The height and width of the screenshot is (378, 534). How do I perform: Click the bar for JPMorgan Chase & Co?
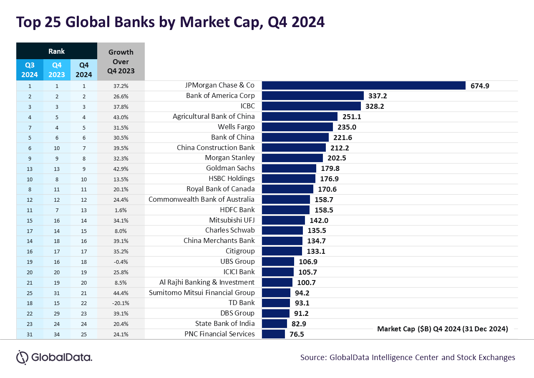click(x=363, y=85)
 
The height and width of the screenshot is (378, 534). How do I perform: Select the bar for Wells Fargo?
click(x=297, y=127)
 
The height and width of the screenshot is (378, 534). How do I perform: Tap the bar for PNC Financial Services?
click(x=273, y=334)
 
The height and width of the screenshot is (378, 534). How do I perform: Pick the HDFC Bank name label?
click(x=237, y=210)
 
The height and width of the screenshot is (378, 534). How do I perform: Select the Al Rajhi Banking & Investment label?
click(x=207, y=282)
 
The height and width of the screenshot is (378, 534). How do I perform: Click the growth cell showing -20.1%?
click(x=121, y=303)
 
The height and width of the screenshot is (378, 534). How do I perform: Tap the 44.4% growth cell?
click(x=121, y=293)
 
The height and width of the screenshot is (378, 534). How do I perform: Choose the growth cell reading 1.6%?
click(x=121, y=210)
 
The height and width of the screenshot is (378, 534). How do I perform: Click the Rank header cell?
click(x=57, y=51)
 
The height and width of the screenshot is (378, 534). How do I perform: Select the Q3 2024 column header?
click(x=30, y=70)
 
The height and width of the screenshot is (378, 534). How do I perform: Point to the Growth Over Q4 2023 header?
click(x=121, y=62)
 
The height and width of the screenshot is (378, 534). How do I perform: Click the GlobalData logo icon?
click(x=22, y=357)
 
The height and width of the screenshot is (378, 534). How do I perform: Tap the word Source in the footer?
click(x=312, y=358)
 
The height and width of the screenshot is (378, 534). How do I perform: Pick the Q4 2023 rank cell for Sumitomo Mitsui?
click(x=57, y=293)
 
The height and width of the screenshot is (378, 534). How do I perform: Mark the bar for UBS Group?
click(x=278, y=261)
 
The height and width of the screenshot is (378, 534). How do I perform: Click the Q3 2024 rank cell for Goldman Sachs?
click(x=30, y=168)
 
